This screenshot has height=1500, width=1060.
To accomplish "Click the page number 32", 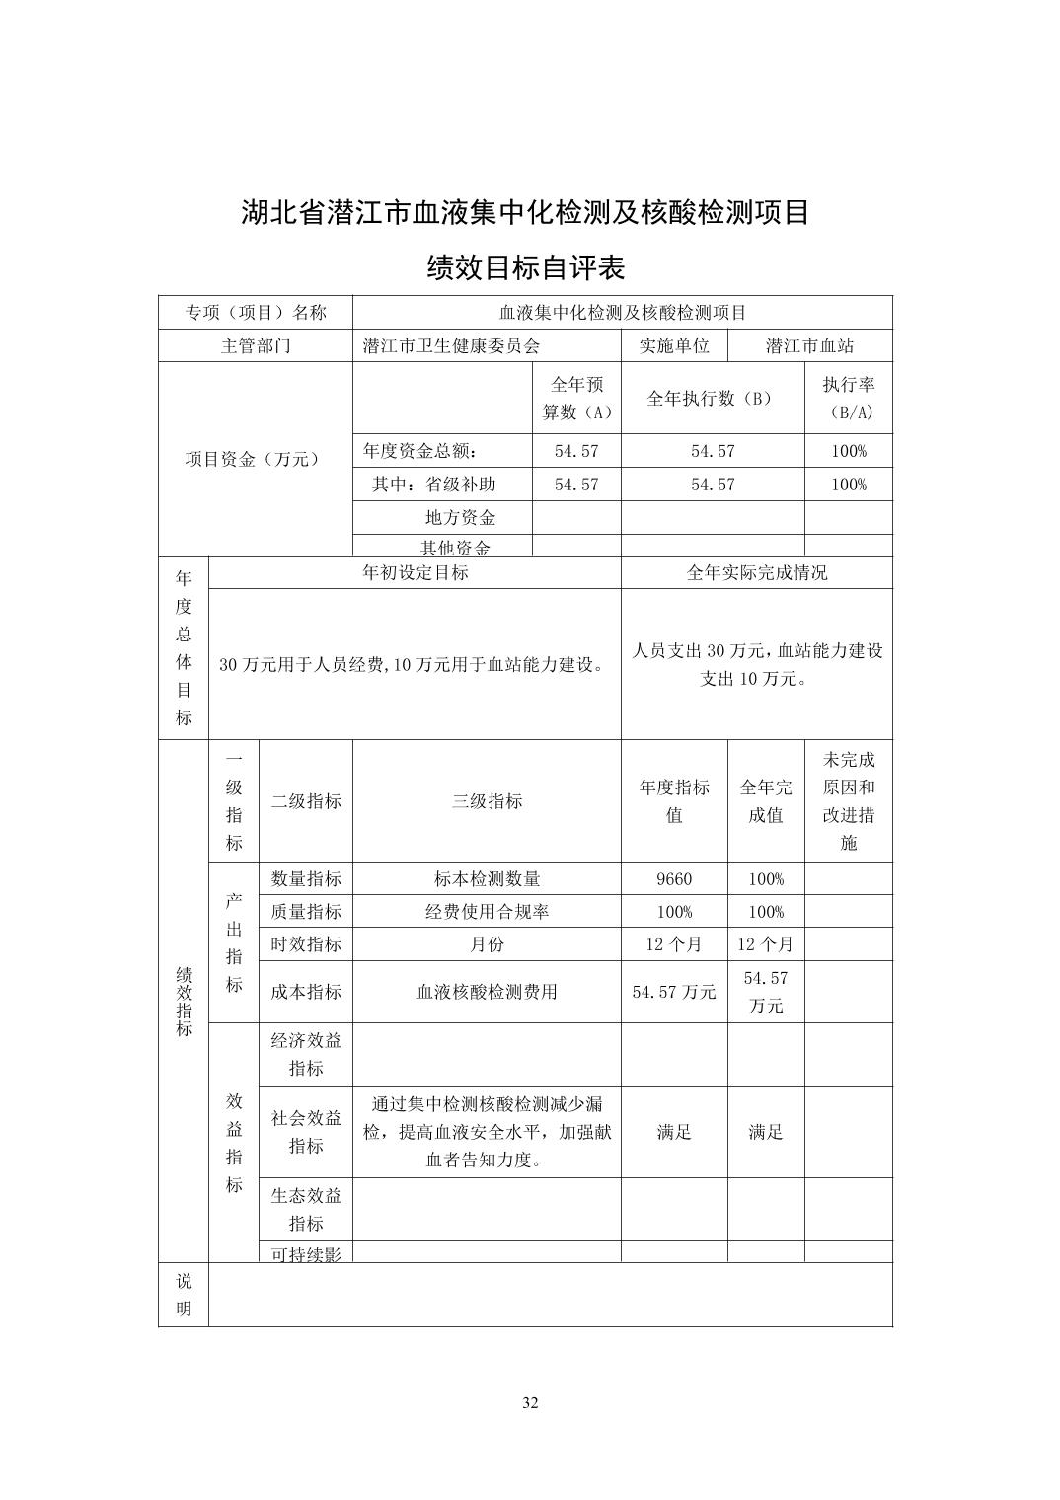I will click(x=530, y=1403).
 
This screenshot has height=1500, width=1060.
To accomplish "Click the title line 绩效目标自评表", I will click(x=525, y=267).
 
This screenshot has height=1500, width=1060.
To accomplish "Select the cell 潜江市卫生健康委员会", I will click(x=452, y=345).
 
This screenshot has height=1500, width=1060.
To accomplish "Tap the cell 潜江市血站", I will click(x=809, y=345).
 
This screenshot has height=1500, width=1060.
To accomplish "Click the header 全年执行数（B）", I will click(x=712, y=399).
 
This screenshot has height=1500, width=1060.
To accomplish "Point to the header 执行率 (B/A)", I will click(x=848, y=399).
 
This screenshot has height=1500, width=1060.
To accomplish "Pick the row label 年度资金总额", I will click(x=420, y=451).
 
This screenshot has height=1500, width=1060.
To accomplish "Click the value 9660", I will click(x=674, y=878).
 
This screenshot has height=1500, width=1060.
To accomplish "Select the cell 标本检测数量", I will click(x=487, y=878).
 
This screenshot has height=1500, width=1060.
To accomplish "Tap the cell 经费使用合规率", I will click(x=487, y=911).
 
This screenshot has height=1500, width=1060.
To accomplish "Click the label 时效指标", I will click(x=306, y=944).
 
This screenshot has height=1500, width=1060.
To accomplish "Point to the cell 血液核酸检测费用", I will click(x=487, y=992).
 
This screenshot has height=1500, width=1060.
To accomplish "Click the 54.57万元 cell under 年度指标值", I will click(x=674, y=992).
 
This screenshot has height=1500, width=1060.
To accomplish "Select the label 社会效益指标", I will click(x=306, y=1132).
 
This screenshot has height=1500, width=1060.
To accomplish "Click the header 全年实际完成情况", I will click(x=756, y=572).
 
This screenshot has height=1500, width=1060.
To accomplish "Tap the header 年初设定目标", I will click(x=416, y=572).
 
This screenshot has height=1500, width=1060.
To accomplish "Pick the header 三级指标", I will click(x=487, y=801).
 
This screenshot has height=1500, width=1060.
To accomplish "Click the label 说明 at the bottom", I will click(x=184, y=1295).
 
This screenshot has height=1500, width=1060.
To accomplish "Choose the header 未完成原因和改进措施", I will click(x=848, y=801).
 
